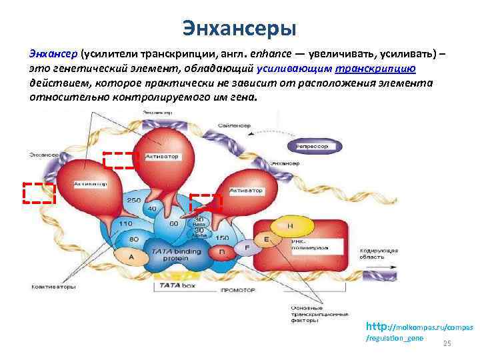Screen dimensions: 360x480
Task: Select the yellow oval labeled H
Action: tap(290, 226)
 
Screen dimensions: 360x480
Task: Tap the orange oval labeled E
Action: tap(267, 239)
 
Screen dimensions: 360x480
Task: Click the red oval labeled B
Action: tap(222, 253)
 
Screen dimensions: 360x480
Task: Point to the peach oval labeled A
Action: tap(131, 257)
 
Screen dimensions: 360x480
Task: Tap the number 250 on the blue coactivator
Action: tap(133, 201)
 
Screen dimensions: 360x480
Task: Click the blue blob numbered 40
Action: tap(152, 209)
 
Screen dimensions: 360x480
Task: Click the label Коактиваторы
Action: tap(53, 287)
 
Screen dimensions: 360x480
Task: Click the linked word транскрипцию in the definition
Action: tap(377, 68)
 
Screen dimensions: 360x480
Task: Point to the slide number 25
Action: tap(447, 343)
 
